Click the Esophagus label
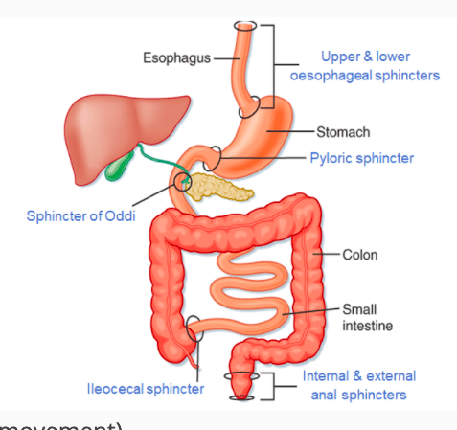point(176,57)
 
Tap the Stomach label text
point(343,131)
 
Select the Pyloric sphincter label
point(362,157)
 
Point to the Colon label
point(360,255)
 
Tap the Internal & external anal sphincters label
point(354,385)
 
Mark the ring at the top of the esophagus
point(247,25)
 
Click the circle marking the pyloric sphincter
point(217,153)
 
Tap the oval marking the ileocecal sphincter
point(194,328)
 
